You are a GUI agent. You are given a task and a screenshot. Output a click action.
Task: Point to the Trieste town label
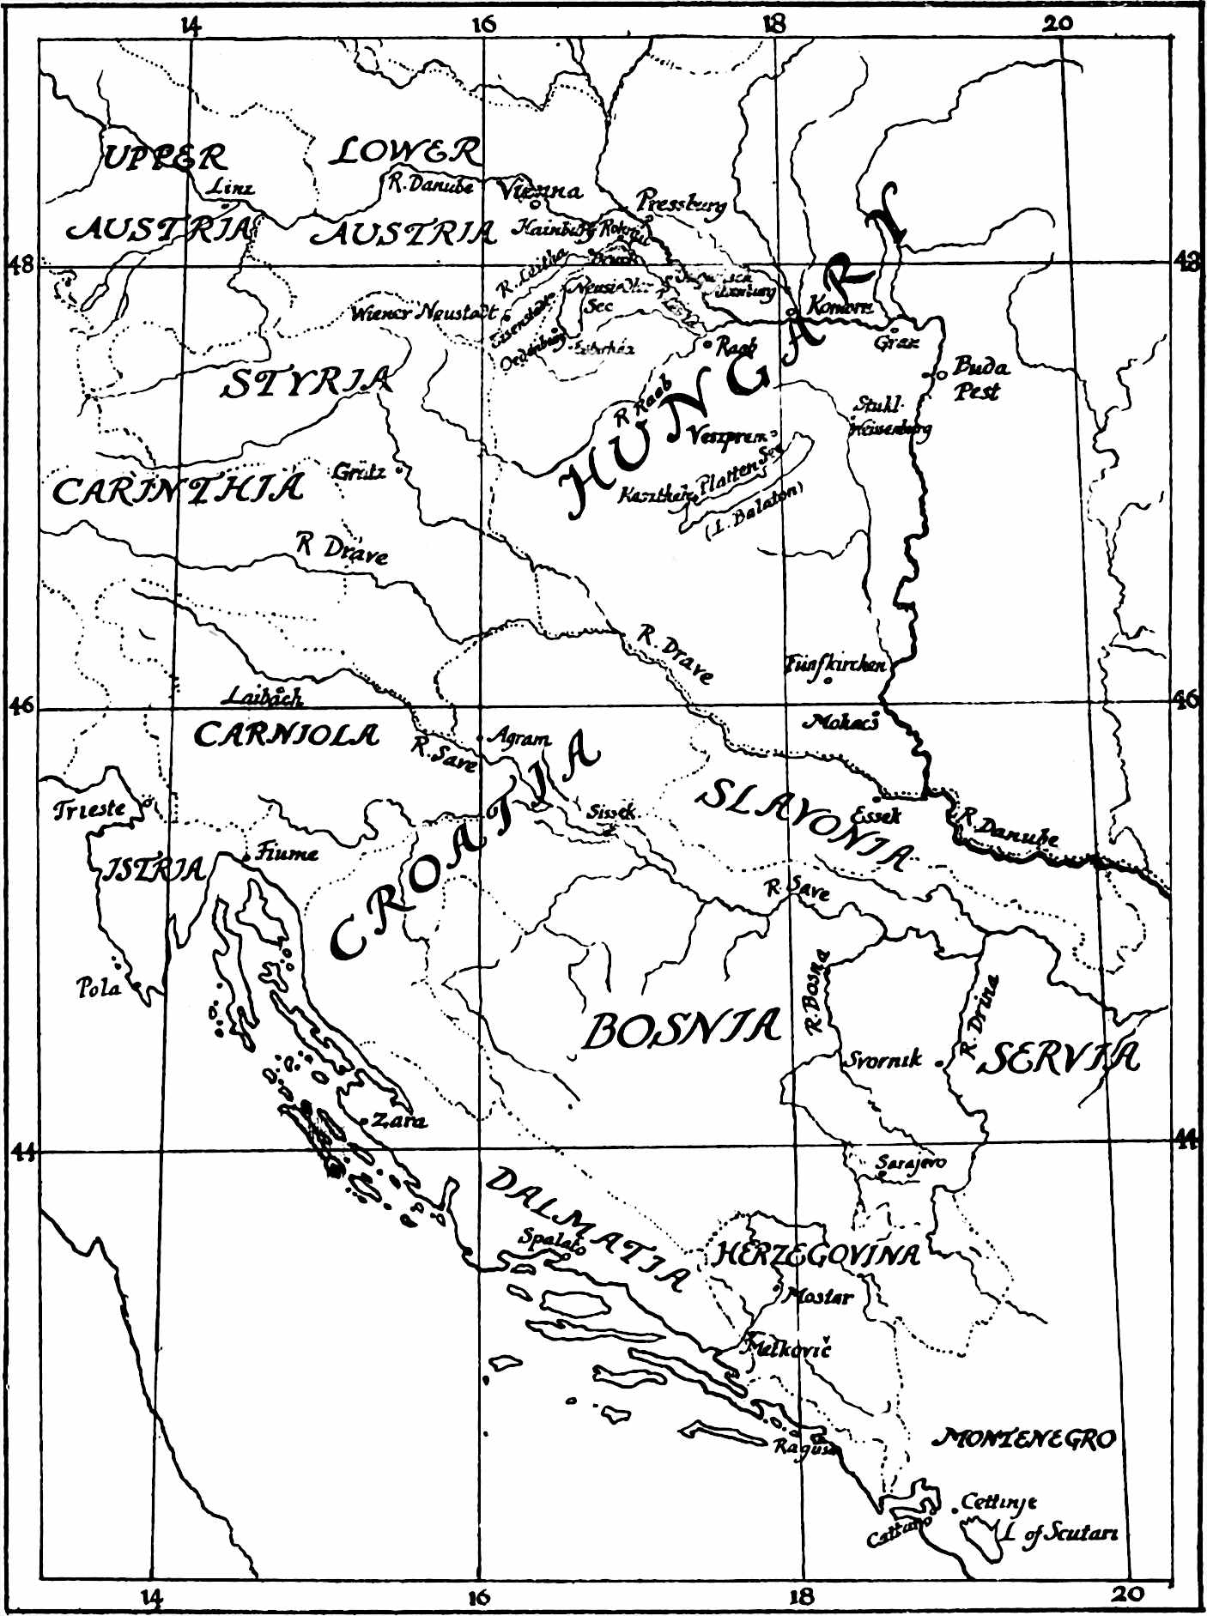89,809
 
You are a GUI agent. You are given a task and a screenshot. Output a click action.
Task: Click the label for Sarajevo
911,1163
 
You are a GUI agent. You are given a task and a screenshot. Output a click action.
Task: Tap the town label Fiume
288,852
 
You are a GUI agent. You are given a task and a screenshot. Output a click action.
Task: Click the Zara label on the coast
398,1120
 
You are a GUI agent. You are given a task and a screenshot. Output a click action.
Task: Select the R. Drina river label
979,1015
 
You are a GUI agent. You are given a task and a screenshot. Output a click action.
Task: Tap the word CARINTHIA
178,490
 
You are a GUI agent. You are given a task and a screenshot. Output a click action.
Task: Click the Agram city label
519,737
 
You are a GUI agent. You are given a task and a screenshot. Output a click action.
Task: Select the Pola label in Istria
99,988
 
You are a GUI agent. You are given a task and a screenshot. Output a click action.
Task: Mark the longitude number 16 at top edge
483,24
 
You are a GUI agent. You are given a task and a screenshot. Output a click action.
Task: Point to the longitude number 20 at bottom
1127,1595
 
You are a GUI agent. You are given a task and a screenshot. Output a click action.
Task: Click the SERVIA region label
1061,1058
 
